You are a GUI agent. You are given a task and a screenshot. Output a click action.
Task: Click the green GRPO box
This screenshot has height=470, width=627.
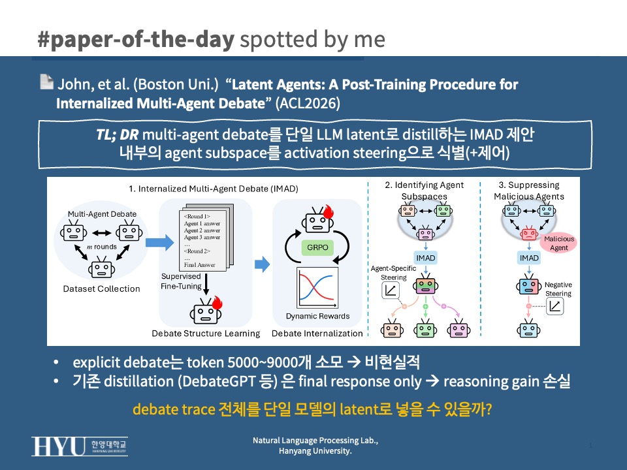[x=317, y=247]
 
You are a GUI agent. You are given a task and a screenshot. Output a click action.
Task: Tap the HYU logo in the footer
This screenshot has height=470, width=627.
[x=80, y=446]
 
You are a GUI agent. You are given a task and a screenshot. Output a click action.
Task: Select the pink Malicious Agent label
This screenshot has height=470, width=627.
[x=558, y=243]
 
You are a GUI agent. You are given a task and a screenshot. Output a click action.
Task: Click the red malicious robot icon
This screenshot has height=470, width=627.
[x=529, y=233]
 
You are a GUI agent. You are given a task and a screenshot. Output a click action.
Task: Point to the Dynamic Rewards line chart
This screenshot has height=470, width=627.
[x=317, y=288]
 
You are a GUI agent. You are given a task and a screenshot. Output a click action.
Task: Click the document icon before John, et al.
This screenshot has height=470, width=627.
[x=47, y=82]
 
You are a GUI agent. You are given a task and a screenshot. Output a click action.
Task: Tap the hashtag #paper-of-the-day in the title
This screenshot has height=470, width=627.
[x=136, y=39]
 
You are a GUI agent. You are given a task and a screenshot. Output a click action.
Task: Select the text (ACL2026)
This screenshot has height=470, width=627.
[x=308, y=104]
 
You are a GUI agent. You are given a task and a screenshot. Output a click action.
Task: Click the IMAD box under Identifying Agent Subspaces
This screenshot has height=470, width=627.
[x=425, y=258]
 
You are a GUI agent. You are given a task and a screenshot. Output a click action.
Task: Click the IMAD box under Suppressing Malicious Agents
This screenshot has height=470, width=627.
[x=529, y=258]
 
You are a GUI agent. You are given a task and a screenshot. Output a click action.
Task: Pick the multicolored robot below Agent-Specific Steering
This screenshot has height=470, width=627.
[x=425, y=285]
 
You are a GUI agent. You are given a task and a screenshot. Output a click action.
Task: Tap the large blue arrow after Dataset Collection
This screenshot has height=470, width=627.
[x=159, y=242]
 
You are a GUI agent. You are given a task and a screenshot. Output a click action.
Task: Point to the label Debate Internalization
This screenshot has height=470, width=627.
[x=317, y=334]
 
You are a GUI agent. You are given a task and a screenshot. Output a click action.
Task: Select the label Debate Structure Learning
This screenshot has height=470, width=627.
[x=206, y=334]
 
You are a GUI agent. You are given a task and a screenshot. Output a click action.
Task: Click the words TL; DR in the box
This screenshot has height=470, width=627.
[x=117, y=134]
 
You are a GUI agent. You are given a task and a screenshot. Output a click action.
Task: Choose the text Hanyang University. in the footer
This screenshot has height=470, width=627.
[x=315, y=451]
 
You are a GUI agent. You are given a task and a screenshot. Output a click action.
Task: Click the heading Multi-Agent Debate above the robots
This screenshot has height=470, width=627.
[x=102, y=214]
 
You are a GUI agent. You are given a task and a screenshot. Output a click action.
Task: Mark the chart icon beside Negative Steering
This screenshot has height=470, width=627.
[x=555, y=307]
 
